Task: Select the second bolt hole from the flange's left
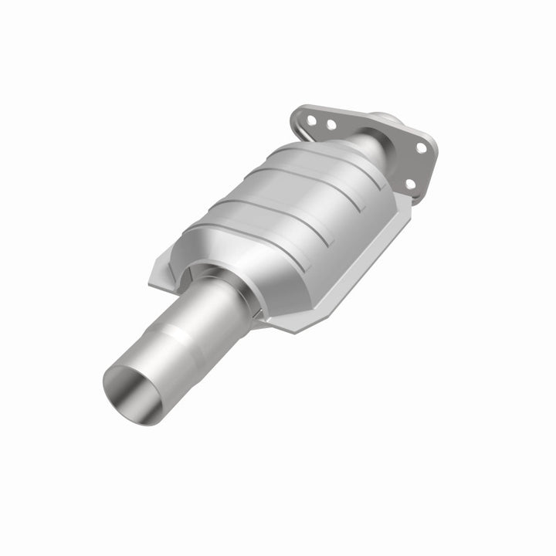(331, 124)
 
